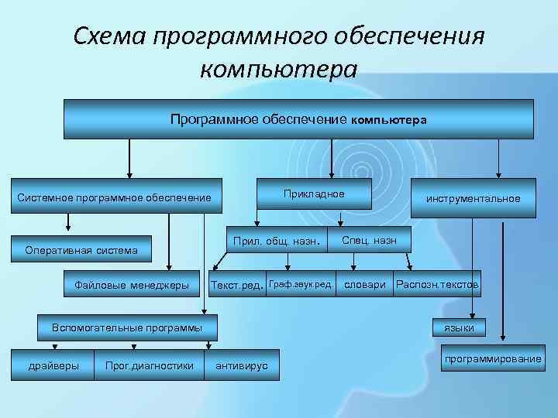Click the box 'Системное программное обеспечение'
pos(114,199)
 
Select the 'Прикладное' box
pos(314,194)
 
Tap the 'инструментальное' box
pos(473,199)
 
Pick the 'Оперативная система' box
pos(81,250)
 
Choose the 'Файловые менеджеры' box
pos(132,285)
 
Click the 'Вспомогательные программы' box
pos(127,327)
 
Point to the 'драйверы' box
pos(53,365)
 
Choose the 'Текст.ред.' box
pos(236,285)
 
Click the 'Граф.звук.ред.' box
pos(301,285)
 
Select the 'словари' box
pos(365,285)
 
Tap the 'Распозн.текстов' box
pos(437,285)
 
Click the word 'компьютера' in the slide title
pos(279,70)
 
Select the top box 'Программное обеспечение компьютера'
pos(298,120)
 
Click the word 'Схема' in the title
pos(109,35)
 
